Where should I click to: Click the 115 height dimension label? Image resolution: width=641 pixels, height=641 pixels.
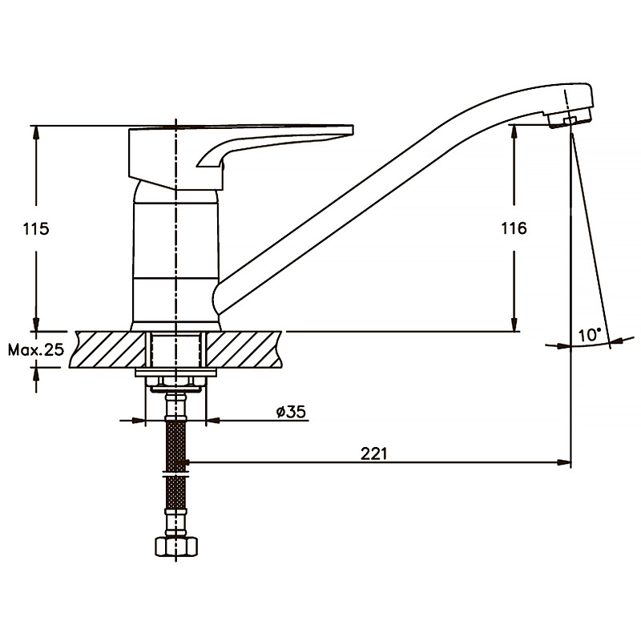36,229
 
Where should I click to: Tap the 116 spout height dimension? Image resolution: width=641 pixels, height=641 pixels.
514,228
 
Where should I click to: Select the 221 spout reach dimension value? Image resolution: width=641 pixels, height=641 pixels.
373,454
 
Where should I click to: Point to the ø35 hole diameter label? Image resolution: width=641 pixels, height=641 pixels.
291,412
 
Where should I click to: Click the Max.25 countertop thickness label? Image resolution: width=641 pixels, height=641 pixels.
36,349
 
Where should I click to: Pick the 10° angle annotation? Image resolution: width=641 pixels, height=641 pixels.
589,335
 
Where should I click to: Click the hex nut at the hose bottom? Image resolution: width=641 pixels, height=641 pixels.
176,546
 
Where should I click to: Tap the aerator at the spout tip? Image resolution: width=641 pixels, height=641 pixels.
569,118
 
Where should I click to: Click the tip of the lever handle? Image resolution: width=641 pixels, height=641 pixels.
352,130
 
